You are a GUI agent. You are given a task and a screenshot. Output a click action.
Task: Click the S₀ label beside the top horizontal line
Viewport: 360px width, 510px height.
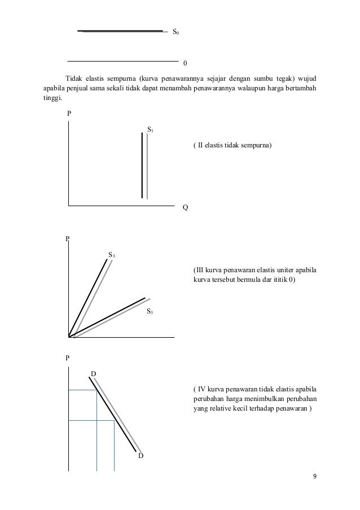(x=175, y=33)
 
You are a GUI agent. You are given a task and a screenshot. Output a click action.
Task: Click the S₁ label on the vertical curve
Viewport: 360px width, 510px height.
(x=151, y=130)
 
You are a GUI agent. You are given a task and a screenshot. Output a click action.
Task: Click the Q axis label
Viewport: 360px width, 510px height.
(x=185, y=207)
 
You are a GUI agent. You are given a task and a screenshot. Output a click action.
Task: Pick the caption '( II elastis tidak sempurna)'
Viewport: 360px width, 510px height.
(x=232, y=146)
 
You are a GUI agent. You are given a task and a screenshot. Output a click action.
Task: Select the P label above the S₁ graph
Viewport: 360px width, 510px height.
(x=69, y=114)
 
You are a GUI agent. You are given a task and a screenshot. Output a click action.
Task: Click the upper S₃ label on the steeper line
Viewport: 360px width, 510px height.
(x=112, y=255)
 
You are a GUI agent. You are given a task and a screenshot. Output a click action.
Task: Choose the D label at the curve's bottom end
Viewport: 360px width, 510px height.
(x=141, y=456)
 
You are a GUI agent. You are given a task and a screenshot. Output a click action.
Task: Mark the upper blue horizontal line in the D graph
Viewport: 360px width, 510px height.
(x=82, y=390)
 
